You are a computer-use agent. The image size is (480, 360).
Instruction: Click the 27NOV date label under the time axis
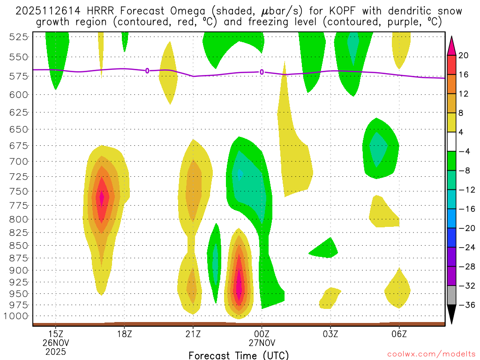[262, 342]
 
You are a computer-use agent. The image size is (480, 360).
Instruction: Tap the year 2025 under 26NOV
[56, 351]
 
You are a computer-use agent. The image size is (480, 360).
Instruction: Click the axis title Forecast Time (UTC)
[239, 355]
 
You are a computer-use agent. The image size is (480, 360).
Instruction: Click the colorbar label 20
[464, 55]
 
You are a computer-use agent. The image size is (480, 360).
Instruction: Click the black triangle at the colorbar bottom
[452, 315]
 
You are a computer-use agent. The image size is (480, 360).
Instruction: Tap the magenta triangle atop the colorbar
[452, 45]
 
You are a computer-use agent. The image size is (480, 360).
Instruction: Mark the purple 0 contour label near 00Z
[262, 72]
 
